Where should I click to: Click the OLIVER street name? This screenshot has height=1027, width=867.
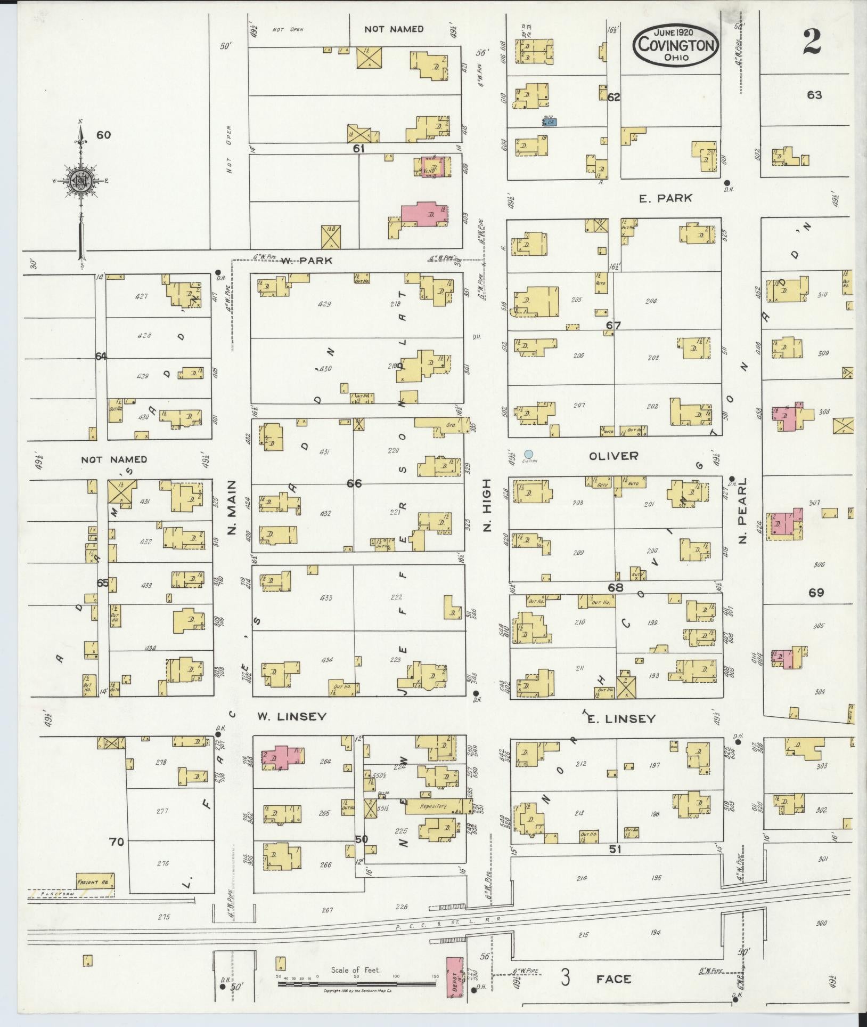click(x=613, y=456)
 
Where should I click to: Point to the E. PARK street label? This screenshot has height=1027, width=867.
click(x=666, y=198)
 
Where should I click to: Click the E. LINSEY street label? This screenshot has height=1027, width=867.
click(x=620, y=718)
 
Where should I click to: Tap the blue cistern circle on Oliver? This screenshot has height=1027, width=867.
click(x=529, y=454)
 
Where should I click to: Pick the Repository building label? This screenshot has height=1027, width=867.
click(x=432, y=821)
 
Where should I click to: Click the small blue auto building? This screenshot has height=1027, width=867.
click(x=549, y=122)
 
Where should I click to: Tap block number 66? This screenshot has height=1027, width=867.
click(x=354, y=483)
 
